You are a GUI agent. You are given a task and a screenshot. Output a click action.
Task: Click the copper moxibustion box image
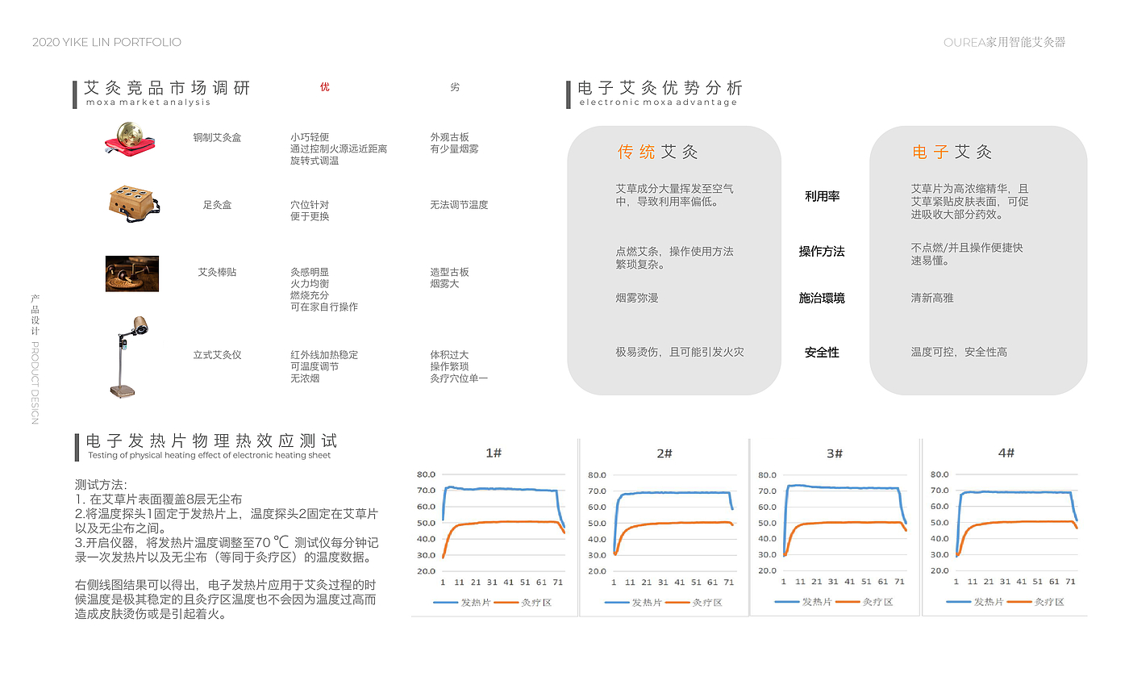click(128, 138)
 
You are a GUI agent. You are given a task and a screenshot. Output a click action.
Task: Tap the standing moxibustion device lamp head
click(141, 327)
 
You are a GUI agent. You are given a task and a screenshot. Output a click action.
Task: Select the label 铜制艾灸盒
click(217, 138)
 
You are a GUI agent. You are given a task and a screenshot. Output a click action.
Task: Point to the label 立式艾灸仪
click(217, 355)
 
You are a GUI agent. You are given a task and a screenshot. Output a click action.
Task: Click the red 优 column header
click(325, 87)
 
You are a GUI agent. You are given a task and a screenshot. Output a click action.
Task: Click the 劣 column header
click(455, 87)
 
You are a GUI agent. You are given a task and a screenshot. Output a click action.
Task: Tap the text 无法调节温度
click(459, 205)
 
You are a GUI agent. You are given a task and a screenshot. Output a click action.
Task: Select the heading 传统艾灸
click(657, 152)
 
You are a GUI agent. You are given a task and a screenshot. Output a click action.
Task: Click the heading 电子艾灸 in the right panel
click(952, 152)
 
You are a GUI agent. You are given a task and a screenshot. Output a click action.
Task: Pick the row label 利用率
click(822, 196)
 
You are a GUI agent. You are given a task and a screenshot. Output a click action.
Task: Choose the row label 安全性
click(822, 353)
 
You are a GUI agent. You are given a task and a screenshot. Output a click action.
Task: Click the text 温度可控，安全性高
click(959, 352)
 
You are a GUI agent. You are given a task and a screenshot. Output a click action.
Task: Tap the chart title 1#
click(494, 453)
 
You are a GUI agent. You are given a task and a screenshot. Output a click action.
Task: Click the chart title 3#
click(835, 453)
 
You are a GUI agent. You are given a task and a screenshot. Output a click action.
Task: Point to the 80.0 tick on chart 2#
click(598, 475)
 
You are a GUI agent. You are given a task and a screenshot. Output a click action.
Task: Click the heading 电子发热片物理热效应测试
click(211, 441)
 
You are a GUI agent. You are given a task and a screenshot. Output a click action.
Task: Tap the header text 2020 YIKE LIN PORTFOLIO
click(106, 42)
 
